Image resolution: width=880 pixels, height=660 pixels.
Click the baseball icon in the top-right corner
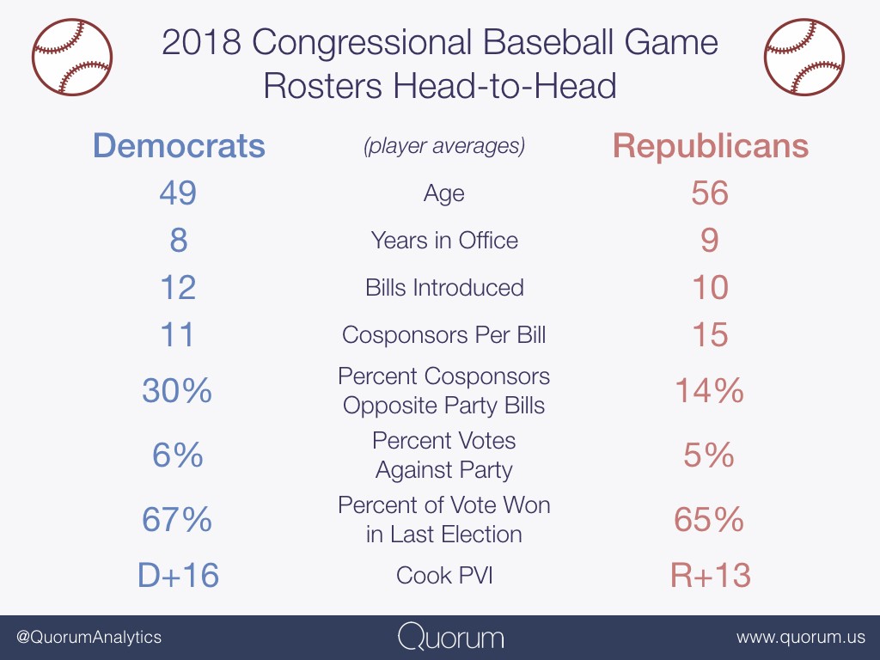coord(804,58)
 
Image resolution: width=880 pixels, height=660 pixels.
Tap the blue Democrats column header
coord(179,146)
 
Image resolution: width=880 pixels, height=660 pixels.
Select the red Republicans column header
coord(710,146)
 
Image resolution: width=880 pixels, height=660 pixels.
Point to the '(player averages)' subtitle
coord(444,146)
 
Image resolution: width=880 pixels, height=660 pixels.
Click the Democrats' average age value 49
coord(178,192)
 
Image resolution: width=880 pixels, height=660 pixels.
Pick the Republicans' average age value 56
coord(710,192)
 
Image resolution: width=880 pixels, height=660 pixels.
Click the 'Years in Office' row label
coord(444,240)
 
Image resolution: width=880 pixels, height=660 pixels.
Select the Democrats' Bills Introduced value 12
coord(178,287)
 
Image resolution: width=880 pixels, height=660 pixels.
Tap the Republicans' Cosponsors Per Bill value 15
coord(710,334)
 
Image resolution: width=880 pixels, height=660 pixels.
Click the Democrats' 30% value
coord(177,391)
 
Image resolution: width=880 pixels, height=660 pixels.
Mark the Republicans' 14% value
coord(710,391)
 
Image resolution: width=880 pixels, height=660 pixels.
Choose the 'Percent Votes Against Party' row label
coord(444,455)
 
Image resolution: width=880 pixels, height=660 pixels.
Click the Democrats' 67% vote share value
coord(177,520)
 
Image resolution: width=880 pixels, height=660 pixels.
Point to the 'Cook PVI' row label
coord(444,575)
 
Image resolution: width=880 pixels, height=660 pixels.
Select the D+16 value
coord(178,575)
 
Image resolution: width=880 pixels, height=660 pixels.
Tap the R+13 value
coord(710,575)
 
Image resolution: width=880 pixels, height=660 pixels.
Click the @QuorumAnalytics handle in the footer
coord(89,638)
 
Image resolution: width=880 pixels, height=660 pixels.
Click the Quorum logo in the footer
coord(451,638)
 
